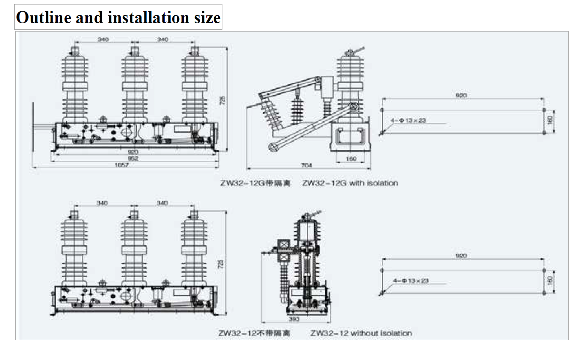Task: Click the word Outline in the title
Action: click(44, 18)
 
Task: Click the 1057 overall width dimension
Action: click(122, 165)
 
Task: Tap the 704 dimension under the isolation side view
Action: click(306, 165)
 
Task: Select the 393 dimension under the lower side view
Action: click(294, 319)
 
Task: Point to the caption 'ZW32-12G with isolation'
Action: click(350, 183)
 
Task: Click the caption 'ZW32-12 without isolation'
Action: click(361, 333)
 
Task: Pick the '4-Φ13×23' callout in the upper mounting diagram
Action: click(408, 121)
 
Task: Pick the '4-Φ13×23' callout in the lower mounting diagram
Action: click(411, 281)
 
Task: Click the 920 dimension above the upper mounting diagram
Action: click(461, 95)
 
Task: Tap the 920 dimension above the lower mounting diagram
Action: click(461, 256)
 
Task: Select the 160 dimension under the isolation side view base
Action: click(351, 159)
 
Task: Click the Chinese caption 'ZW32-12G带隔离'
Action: click(255, 183)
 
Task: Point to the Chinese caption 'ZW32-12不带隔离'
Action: click(254, 333)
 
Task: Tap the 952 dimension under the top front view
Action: click(133, 158)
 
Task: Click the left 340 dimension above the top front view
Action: click(103, 39)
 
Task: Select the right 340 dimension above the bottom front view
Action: click(162, 203)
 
